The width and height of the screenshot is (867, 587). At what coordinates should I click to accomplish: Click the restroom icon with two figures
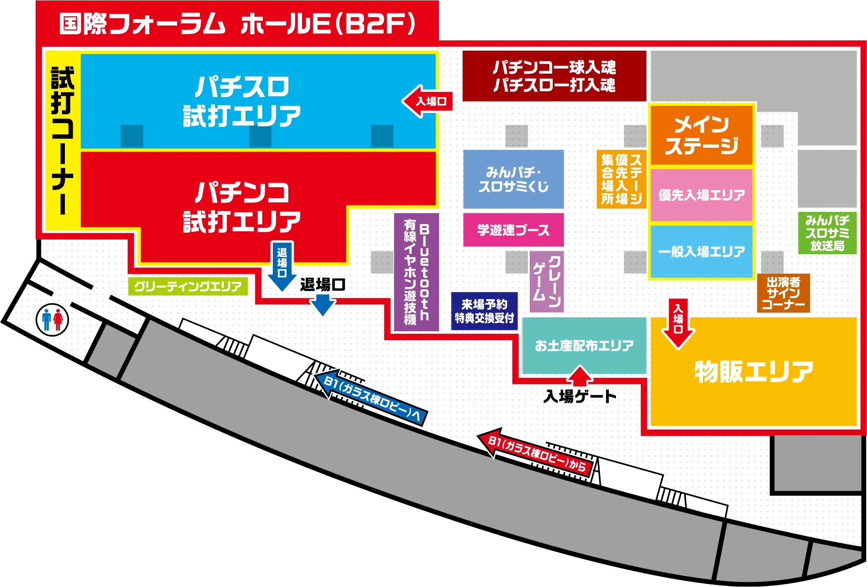pyautogui.click(x=52, y=320)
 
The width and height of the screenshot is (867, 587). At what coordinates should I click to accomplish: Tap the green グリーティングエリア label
pyautogui.click(x=188, y=286)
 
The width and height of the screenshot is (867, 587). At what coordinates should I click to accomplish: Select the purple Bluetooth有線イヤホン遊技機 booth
pyautogui.click(x=417, y=272)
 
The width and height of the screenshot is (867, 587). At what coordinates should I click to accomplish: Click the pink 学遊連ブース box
pyautogui.click(x=513, y=230)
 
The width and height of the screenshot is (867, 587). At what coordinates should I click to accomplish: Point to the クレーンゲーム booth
pyautogui.click(x=546, y=281)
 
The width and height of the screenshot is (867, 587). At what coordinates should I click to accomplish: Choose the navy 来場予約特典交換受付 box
pyautogui.click(x=484, y=311)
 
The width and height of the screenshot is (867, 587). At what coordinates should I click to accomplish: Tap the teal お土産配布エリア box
pyautogui.click(x=584, y=345)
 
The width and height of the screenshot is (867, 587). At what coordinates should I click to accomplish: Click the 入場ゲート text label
pyautogui.click(x=580, y=396)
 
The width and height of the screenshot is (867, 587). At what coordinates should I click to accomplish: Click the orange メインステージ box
pyautogui.click(x=701, y=135)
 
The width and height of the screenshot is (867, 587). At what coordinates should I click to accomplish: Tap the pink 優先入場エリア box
pyautogui.click(x=701, y=195)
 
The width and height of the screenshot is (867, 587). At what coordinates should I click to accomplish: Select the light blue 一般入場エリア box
pyautogui.click(x=701, y=252)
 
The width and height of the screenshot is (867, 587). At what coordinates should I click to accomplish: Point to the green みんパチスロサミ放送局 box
pyautogui.click(x=827, y=233)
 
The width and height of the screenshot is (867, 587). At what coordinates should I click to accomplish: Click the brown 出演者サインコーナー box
pyautogui.click(x=783, y=293)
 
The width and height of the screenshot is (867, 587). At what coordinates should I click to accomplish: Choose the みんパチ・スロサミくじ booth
pyautogui.click(x=513, y=179)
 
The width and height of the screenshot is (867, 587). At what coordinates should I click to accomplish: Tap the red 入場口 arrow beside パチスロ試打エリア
pyautogui.click(x=428, y=101)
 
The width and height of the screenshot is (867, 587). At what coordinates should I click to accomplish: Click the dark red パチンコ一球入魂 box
pyautogui.click(x=554, y=76)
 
